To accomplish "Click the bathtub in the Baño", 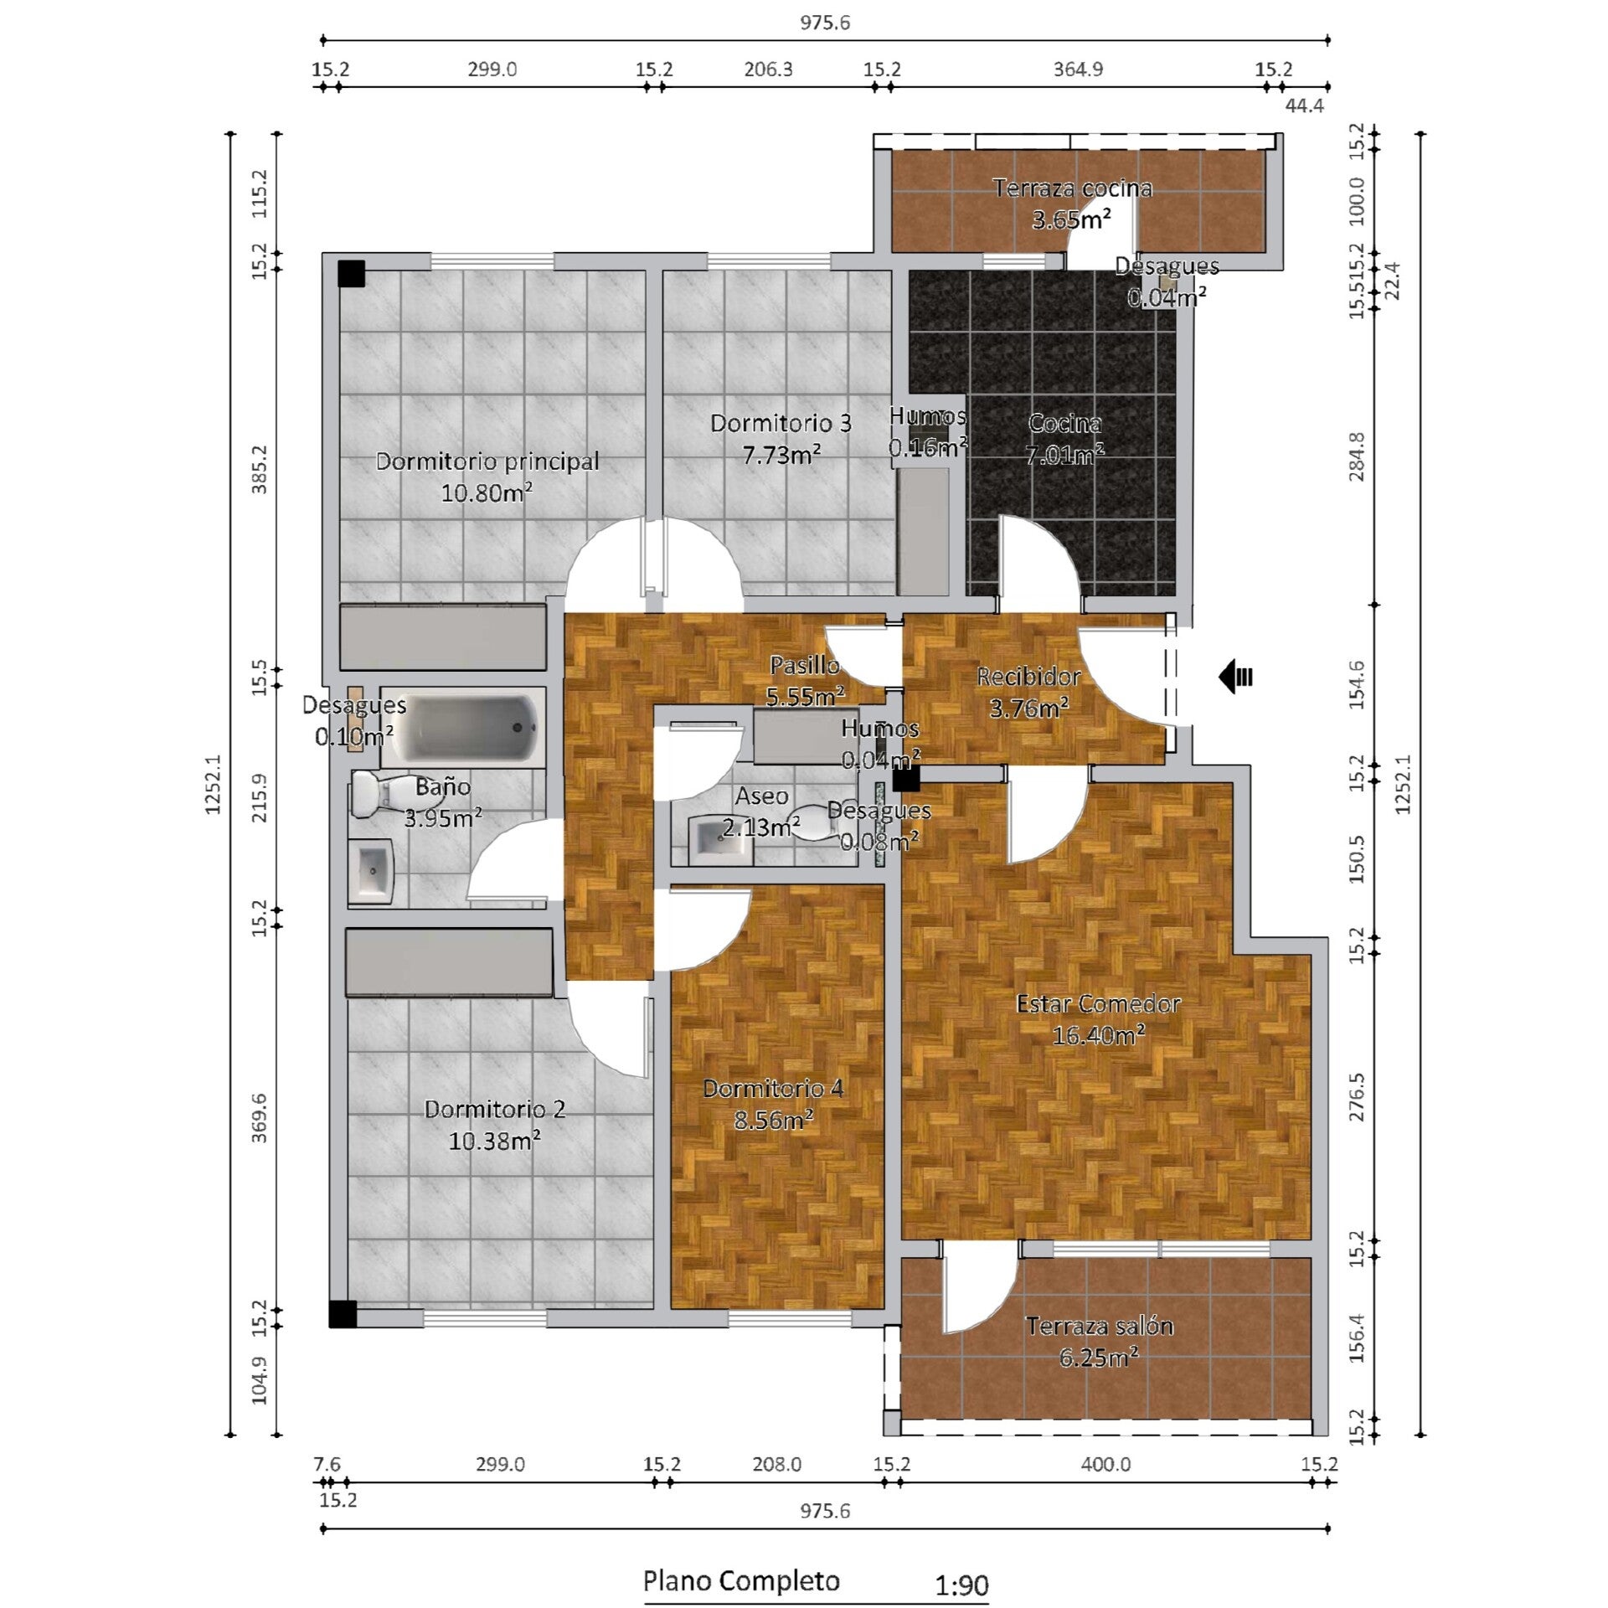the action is [x=463, y=728].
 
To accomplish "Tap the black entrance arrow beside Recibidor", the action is [x=1235, y=676].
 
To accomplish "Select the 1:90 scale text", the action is [x=961, y=1585].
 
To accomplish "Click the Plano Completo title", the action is [x=741, y=1580].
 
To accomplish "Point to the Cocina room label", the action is [x=1064, y=423].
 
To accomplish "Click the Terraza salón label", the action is [x=1100, y=1326].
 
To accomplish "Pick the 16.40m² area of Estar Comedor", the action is [x=1099, y=1036].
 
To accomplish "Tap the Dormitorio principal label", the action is [x=487, y=461].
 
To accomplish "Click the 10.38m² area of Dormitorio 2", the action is [x=494, y=1141].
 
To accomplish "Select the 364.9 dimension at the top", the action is [x=1078, y=69].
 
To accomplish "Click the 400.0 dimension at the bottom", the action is [x=1105, y=1464].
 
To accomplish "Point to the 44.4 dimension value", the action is [x=1304, y=106].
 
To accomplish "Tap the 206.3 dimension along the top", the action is [x=768, y=69].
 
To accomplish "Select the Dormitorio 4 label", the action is [x=773, y=1088].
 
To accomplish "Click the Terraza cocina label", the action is [x=1073, y=188].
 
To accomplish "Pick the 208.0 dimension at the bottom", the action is [x=776, y=1464].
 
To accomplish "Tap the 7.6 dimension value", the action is [x=327, y=1464].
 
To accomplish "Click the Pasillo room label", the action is [x=805, y=665].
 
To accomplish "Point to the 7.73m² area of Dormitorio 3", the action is [x=781, y=455].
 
